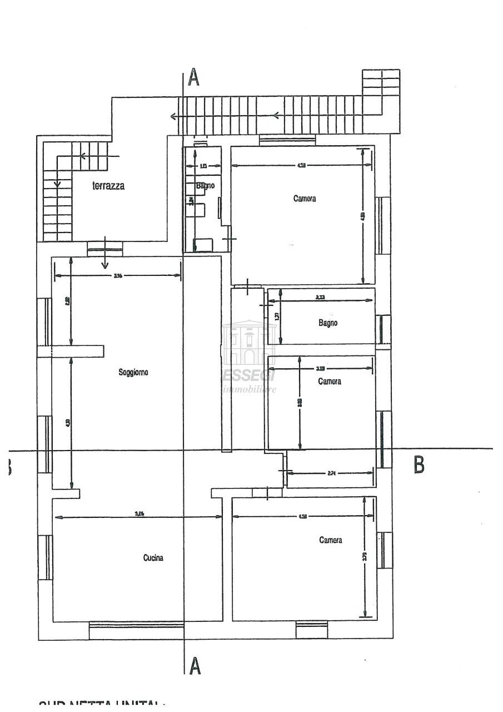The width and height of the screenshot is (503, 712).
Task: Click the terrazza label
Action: [x=108, y=186]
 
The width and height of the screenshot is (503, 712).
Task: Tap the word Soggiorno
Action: [x=133, y=372]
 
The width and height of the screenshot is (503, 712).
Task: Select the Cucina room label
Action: [x=153, y=558]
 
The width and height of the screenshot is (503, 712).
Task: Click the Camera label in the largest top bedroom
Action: [x=305, y=199]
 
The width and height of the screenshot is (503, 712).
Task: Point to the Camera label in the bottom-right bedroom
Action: [x=330, y=540]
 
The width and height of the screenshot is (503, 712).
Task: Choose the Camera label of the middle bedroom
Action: [x=329, y=382]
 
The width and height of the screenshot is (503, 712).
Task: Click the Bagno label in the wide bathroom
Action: [x=327, y=323]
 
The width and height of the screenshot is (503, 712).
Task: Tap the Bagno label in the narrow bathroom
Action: [x=205, y=186]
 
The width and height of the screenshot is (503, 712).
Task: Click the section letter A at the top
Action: [x=193, y=78]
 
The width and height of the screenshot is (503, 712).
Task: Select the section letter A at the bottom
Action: [x=195, y=665]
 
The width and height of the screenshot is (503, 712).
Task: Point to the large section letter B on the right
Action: [x=419, y=464]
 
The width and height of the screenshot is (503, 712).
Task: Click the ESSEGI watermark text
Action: [x=249, y=377]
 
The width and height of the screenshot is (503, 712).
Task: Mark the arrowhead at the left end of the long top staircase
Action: [x=174, y=116]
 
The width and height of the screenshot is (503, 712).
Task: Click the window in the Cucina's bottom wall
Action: [x=137, y=631]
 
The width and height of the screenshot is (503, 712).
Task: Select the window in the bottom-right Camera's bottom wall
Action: [x=311, y=630]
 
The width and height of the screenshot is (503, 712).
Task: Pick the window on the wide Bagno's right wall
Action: [x=383, y=329]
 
